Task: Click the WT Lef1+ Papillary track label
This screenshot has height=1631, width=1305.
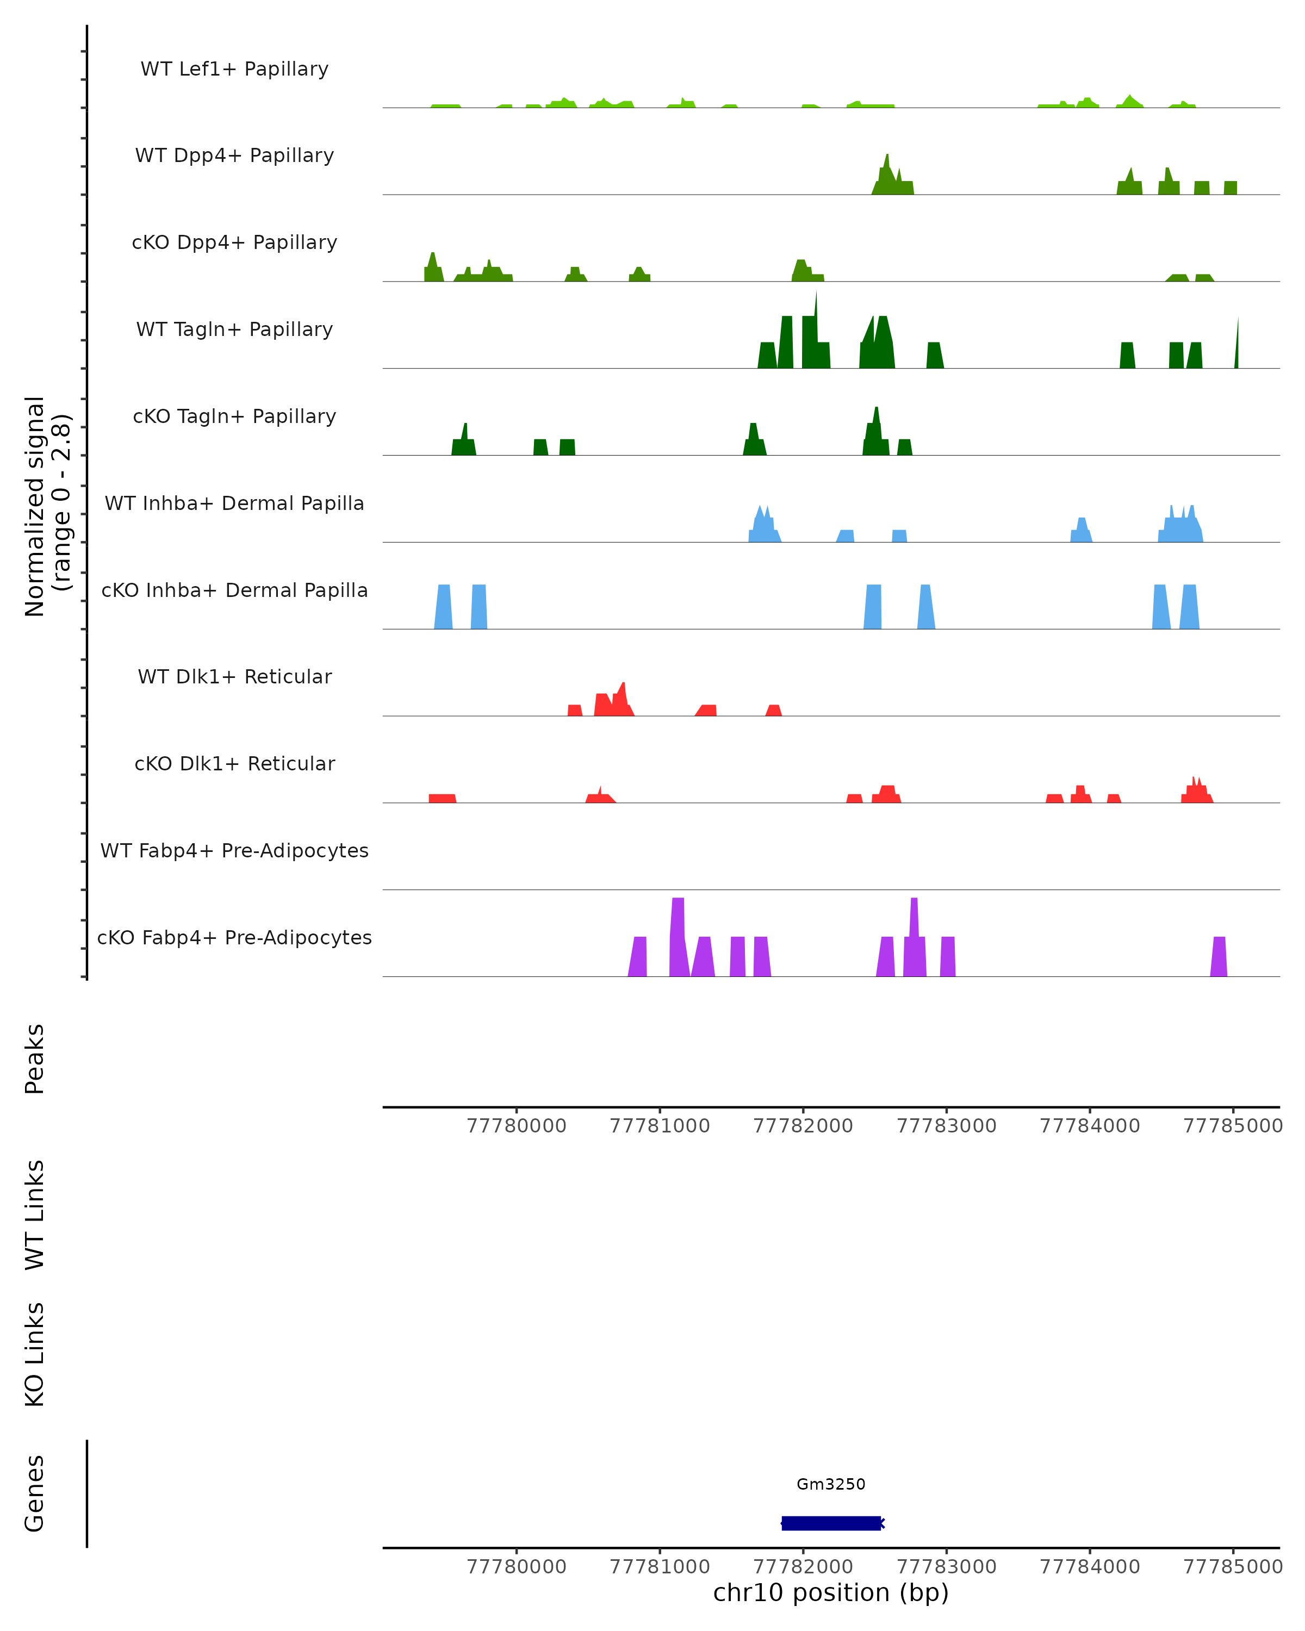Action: click(234, 69)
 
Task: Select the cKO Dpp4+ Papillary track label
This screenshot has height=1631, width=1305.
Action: click(234, 242)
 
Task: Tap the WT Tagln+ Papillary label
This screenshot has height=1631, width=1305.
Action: click(234, 329)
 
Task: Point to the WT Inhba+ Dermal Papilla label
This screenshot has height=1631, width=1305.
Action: click(234, 503)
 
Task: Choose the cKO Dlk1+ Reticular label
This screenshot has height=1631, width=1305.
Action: click(234, 763)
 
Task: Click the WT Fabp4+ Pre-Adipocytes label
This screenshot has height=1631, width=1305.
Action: click(234, 850)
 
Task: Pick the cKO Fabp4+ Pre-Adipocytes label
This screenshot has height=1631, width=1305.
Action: click(234, 937)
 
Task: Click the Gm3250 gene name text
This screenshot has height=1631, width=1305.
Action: click(831, 1484)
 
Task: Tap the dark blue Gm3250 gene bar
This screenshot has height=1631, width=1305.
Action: click(831, 1523)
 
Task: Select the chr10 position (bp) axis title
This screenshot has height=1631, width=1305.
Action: click(831, 1592)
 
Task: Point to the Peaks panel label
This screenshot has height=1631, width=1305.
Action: click(35, 1059)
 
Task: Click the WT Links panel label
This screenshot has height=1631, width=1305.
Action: click(35, 1214)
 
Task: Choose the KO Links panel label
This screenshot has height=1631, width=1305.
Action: click(35, 1354)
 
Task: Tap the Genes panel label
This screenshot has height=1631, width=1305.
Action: click(35, 1493)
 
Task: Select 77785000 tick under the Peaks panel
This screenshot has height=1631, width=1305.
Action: click(1233, 1126)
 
